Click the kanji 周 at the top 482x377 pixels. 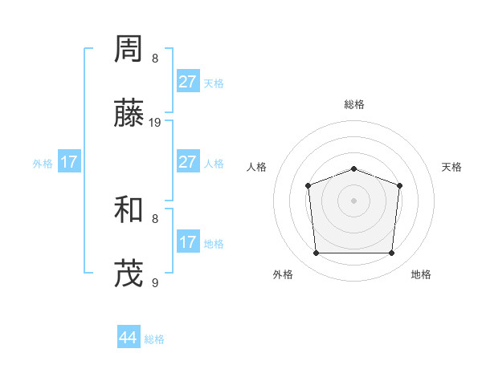tap(130, 51)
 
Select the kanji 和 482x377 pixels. tap(130, 211)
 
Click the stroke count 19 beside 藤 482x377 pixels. tap(155, 123)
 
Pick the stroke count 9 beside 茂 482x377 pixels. tap(155, 282)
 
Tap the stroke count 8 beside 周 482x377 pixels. tap(155, 58)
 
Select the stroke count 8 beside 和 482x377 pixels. tap(155, 218)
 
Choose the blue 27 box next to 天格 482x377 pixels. tap(188, 82)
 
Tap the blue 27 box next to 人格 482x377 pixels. tap(188, 162)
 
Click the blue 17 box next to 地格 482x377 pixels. tap(188, 242)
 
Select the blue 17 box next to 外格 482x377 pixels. tap(69, 162)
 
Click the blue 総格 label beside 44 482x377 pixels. tap(154, 339)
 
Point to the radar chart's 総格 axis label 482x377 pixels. tap(353, 104)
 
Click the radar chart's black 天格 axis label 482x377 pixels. tap(451, 167)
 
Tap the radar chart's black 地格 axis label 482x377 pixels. tap(421, 275)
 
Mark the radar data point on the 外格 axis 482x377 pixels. tap(316, 253)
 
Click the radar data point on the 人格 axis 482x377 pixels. tap(308, 186)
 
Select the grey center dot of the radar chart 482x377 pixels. tap(353, 200)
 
